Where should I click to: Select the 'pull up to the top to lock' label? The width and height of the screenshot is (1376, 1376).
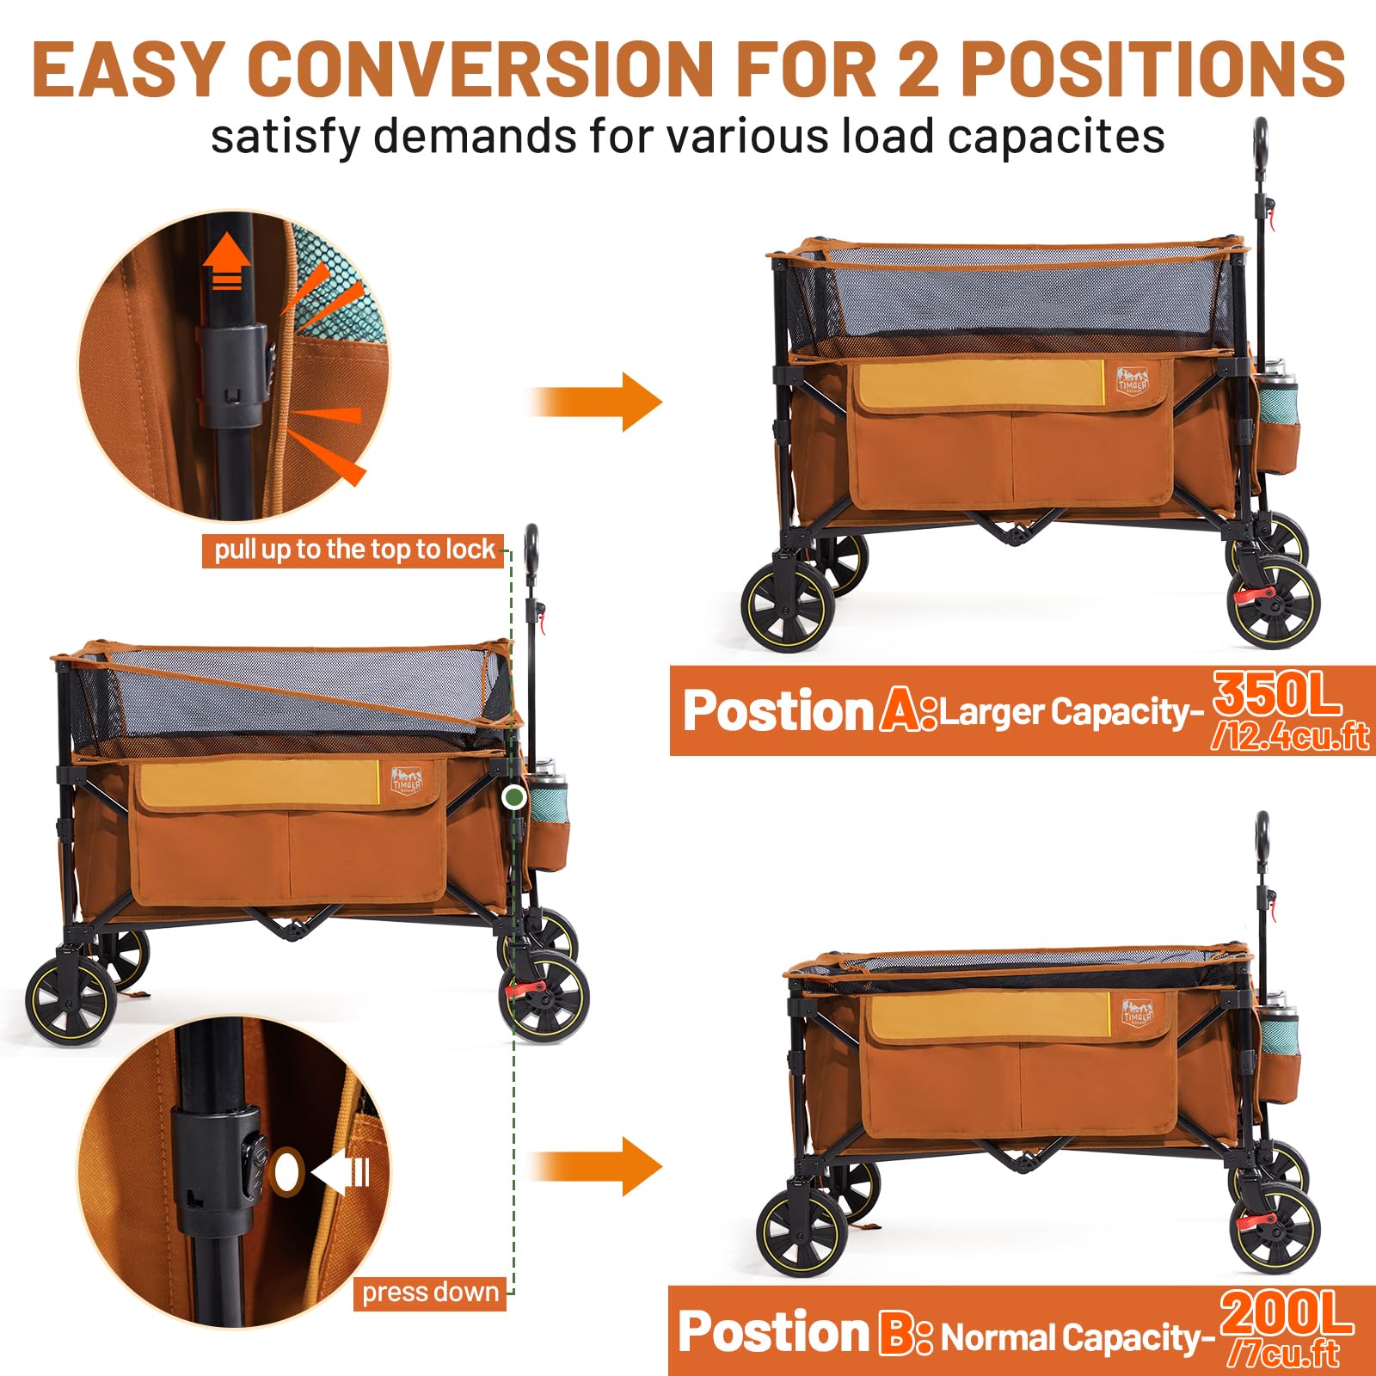click(353, 550)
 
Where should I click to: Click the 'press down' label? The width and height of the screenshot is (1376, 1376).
click(430, 1293)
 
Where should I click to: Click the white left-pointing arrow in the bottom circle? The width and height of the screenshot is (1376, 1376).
click(341, 1172)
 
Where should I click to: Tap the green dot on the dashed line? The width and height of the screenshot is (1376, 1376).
click(514, 797)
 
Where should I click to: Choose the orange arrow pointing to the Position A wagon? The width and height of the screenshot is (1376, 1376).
click(597, 402)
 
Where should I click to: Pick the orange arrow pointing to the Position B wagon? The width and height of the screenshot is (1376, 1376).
click(597, 1166)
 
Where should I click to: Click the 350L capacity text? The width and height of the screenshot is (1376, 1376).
click(1276, 694)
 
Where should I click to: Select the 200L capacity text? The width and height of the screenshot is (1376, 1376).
click(1287, 1313)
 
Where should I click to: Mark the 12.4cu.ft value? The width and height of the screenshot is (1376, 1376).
click(1290, 737)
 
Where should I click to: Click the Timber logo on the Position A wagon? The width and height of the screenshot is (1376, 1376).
click(1132, 381)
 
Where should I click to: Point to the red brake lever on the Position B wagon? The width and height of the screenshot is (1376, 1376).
click(1254, 1220)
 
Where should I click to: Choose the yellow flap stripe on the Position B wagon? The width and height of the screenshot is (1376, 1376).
click(989, 1015)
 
